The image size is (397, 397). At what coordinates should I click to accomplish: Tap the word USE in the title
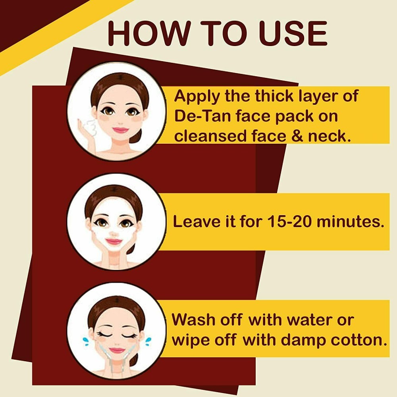(x=293, y=34)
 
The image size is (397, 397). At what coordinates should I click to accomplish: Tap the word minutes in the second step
(x=351, y=222)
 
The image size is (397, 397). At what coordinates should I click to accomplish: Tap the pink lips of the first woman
(x=121, y=130)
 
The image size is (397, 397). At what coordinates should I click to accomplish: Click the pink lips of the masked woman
(x=114, y=241)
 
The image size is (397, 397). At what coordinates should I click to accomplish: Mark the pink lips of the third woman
(x=117, y=351)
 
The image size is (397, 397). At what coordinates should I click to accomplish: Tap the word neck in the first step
(x=330, y=136)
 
